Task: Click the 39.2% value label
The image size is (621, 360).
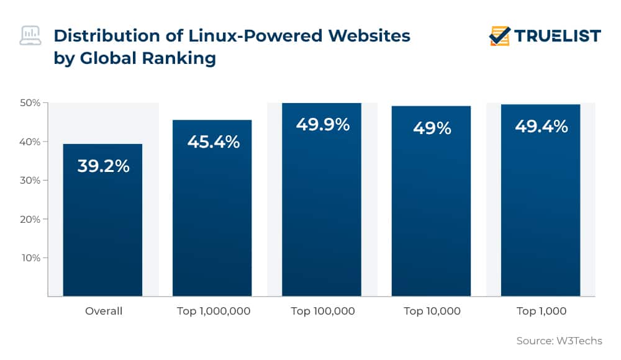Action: (103, 166)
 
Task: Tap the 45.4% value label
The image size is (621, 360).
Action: (213, 142)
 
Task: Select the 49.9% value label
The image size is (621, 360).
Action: (322, 125)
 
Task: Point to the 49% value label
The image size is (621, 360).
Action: (432, 128)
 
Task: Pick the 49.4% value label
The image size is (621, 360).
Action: (541, 127)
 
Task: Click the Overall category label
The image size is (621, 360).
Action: (104, 311)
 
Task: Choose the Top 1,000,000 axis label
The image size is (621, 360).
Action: (213, 311)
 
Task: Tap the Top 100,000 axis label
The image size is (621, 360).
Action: (322, 311)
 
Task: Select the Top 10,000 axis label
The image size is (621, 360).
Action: (432, 311)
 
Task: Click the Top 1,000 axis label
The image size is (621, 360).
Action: (541, 311)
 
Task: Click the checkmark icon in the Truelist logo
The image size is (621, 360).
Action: (499, 36)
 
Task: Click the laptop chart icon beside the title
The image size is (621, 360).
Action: (30, 36)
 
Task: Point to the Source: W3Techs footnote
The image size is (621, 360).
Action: (559, 341)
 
